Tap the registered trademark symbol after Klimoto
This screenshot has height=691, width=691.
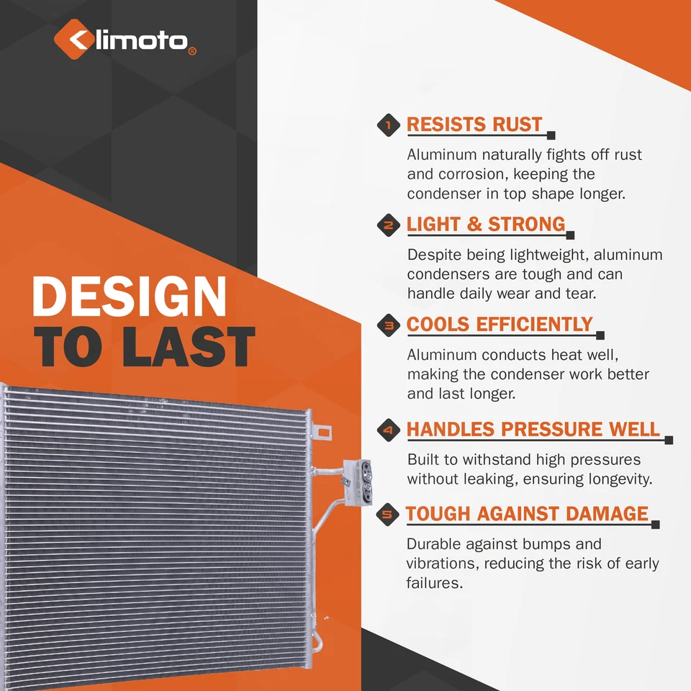click(x=191, y=52)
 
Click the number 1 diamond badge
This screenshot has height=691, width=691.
click(x=389, y=126)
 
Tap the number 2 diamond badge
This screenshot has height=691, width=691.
click(x=389, y=225)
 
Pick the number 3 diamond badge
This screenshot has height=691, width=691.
click(x=389, y=326)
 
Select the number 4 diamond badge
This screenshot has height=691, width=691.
click(x=389, y=431)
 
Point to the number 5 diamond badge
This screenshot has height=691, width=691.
click(x=389, y=515)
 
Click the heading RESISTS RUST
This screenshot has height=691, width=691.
click(x=474, y=125)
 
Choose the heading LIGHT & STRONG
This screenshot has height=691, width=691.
click(x=486, y=224)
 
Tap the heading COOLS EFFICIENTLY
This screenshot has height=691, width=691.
click(x=500, y=325)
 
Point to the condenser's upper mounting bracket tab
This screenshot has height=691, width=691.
click(x=323, y=433)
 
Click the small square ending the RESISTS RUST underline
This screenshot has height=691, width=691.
click(x=551, y=135)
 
